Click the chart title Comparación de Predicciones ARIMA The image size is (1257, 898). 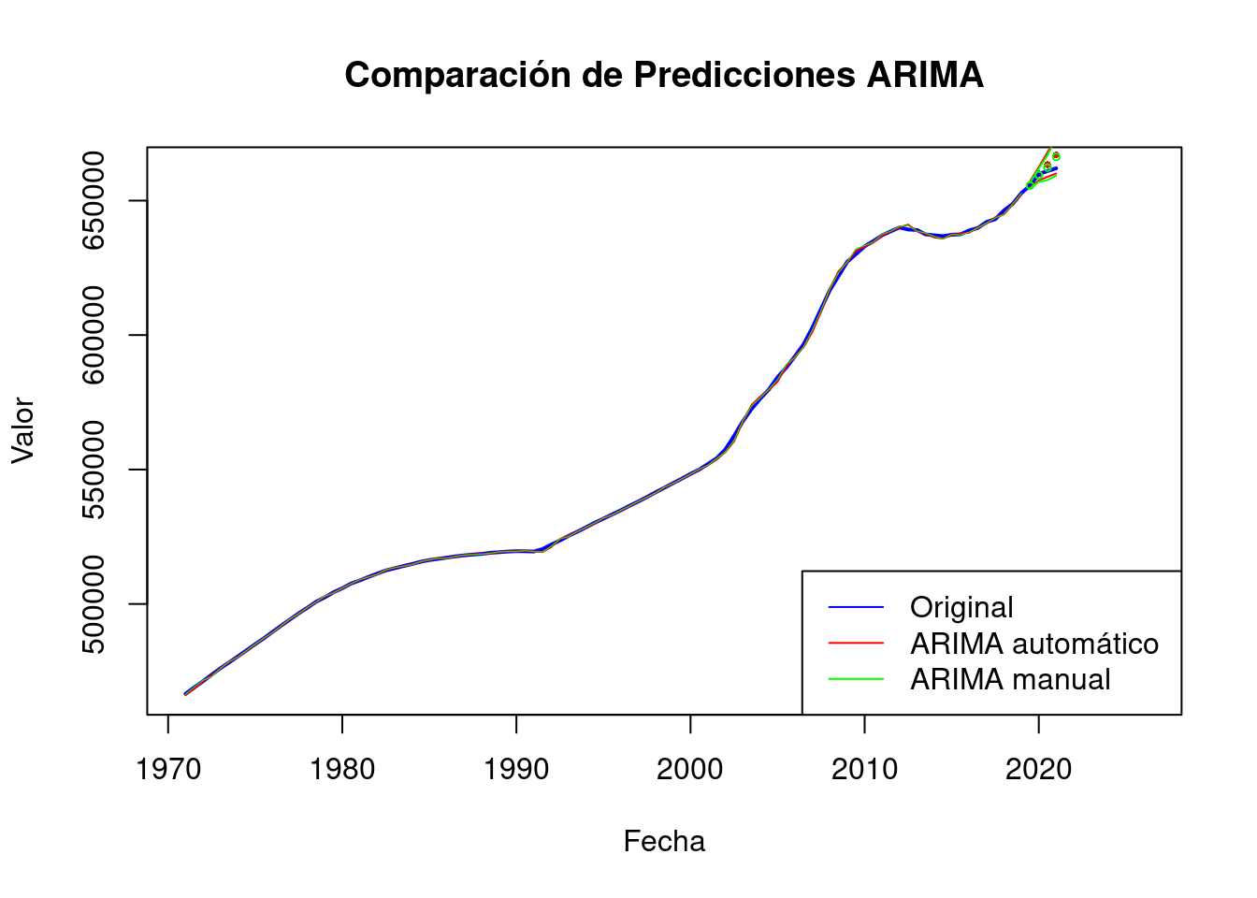pos(664,75)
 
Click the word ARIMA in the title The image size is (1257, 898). pos(925,75)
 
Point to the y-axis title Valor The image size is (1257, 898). pos(22,430)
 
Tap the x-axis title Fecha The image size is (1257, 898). pos(664,842)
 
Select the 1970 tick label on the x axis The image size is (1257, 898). pos(168,770)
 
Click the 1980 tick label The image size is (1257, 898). pos(342,770)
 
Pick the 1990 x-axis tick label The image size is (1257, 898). pos(516,770)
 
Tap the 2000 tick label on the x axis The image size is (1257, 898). pos(690,770)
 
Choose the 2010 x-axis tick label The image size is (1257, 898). pos(864,770)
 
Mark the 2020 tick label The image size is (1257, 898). pos(1038,770)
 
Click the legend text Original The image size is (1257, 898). pos(961,608)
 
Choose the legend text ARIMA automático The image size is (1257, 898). pos(1034,644)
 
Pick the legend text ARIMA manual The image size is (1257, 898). pos(1010,680)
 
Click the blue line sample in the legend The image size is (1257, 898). pos(856,608)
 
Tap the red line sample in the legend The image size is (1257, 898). pos(856,644)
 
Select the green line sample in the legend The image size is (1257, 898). pos(856,680)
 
